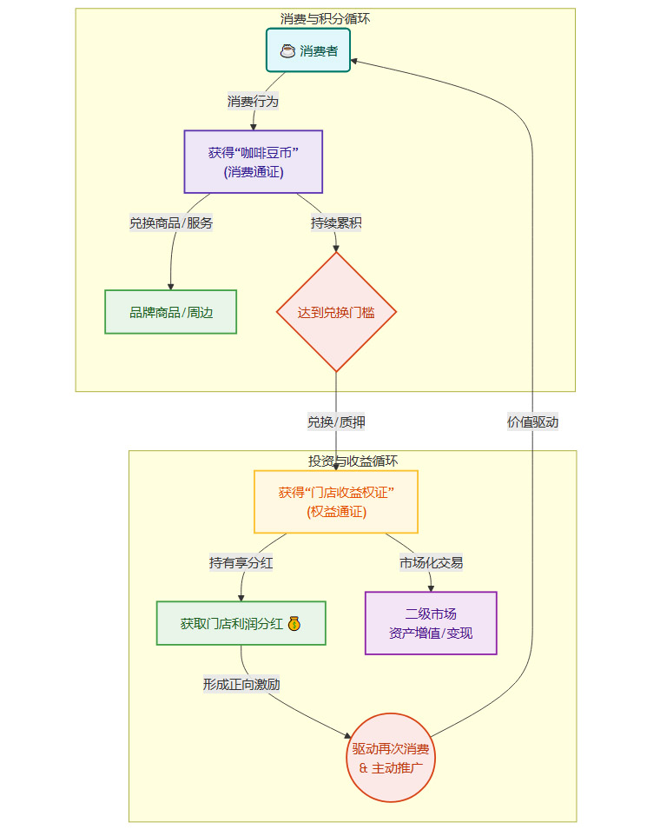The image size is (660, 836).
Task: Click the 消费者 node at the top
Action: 308,51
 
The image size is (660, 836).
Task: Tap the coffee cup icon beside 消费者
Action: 287,51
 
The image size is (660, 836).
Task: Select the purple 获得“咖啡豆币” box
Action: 254,162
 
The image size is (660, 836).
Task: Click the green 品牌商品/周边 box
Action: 170,312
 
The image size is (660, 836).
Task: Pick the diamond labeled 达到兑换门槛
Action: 336,312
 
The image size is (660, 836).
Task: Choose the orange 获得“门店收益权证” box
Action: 336,501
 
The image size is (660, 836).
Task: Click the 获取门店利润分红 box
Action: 241,623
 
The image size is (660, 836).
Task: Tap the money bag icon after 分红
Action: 294,623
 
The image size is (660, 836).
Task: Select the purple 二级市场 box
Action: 431,623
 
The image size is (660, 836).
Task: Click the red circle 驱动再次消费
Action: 390,758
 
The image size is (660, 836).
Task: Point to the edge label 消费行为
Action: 253,102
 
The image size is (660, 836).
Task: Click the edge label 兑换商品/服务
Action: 171,222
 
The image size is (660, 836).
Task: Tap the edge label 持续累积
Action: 336,222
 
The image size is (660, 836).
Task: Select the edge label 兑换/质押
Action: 336,422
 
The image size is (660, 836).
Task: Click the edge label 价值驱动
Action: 532,422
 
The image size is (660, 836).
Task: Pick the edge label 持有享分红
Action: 241,562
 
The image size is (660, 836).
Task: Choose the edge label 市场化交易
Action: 431,562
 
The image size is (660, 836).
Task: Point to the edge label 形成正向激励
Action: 241,684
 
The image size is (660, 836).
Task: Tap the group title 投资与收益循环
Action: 353,461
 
